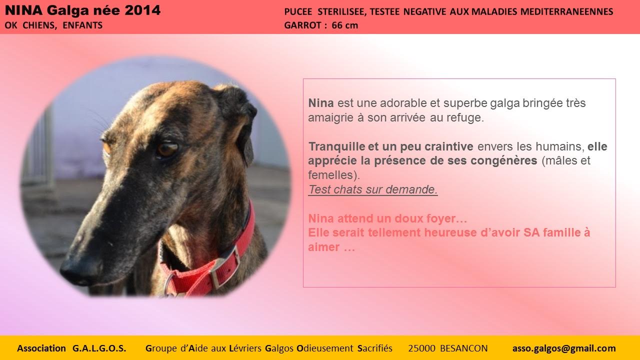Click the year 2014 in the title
click(142, 10)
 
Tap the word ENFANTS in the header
click(82, 25)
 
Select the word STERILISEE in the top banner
click(341, 11)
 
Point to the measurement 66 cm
click(345, 25)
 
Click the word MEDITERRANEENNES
click(567, 11)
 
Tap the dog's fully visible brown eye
click(167, 148)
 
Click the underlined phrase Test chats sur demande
click(373, 189)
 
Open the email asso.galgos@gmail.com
click(564, 348)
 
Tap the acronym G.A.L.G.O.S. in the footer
click(99, 348)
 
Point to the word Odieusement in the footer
click(325, 348)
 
